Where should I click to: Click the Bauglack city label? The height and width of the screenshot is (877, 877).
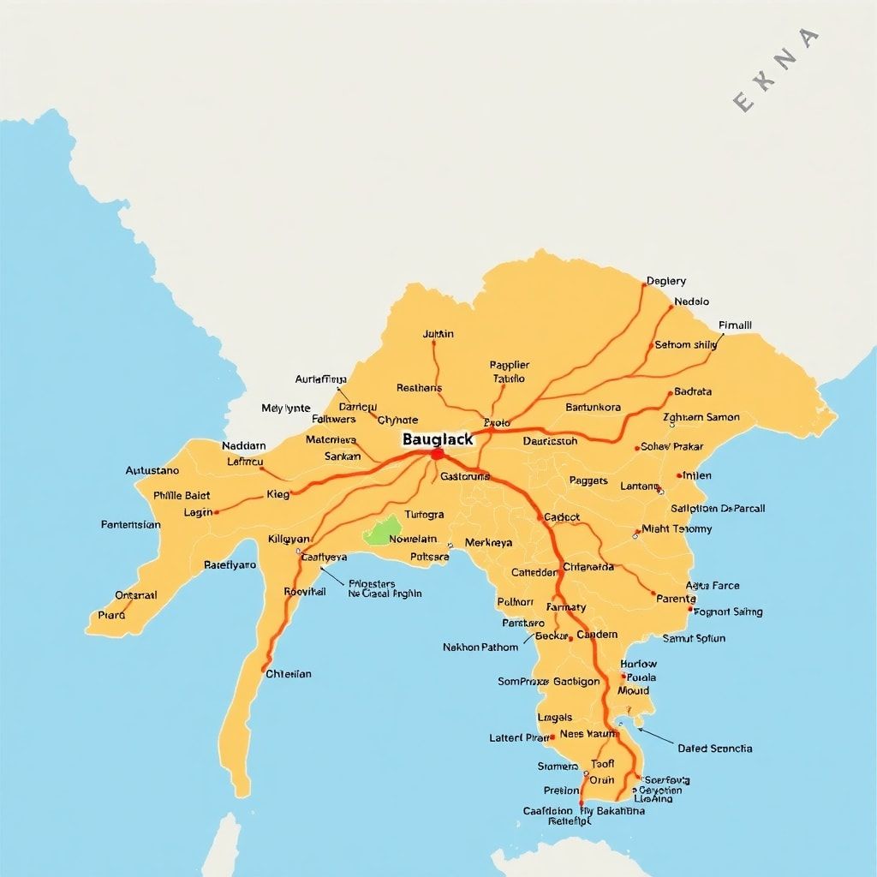tap(437, 438)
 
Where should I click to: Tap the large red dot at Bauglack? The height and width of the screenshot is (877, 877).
tap(437, 454)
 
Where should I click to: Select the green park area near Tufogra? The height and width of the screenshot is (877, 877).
tap(383, 531)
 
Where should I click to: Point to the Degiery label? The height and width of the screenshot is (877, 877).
tap(666, 281)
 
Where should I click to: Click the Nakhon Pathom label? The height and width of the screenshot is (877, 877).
tap(480, 647)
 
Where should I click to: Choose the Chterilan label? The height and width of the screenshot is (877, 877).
tap(289, 673)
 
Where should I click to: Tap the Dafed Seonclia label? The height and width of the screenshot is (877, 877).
tap(715, 749)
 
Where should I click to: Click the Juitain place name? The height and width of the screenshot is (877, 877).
tap(438, 334)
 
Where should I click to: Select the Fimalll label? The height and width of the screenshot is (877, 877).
tap(735, 325)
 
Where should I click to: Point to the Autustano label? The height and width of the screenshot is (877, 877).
tap(152, 470)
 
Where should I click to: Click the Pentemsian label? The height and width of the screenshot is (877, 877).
tap(130, 525)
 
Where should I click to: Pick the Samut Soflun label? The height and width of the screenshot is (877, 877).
tap(694, 638)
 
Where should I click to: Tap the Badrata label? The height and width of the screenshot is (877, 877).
tap(693, 391)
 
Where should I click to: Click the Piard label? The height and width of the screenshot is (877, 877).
tap(111, 614)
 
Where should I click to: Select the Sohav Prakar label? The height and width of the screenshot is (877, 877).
tap(672, 446)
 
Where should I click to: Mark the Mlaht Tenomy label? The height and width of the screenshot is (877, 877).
tap(677, 528)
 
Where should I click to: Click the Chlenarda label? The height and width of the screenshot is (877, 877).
tap(588, 566)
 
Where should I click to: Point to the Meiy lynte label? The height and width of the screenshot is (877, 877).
tap(286, 409)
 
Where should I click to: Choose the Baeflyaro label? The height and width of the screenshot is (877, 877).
tap(230, 564)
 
